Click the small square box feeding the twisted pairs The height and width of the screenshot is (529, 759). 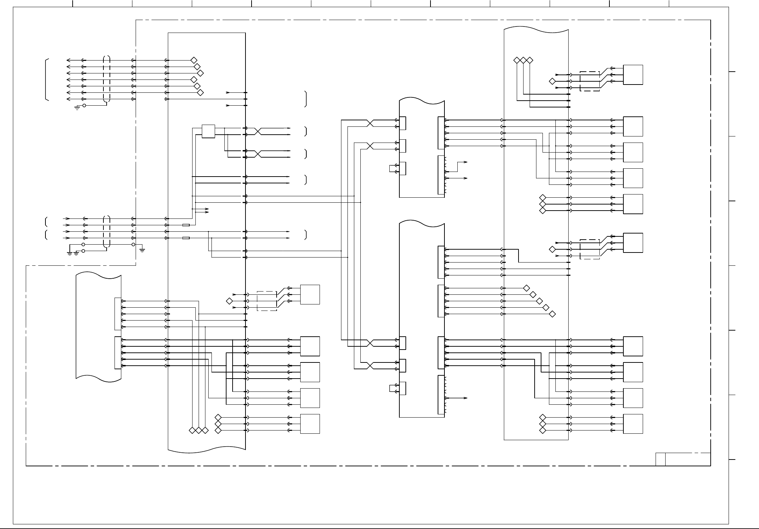[208, 131]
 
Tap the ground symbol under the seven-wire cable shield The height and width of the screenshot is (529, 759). [77, 107]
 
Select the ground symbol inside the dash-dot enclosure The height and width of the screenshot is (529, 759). [142, 250]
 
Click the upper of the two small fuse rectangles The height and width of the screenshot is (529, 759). [186, 225]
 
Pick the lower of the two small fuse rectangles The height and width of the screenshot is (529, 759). [186, 238]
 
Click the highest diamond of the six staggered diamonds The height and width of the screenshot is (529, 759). [194, 60]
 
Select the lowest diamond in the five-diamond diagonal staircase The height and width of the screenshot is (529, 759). [552, 314]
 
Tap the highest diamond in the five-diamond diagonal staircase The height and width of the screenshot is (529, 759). [526, 288]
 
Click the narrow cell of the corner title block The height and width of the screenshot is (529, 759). [661, 459]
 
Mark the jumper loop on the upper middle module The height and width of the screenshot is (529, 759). [391, 169]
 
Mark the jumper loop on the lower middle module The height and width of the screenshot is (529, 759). [391, 389]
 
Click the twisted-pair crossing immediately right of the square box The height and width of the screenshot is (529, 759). [258, 131]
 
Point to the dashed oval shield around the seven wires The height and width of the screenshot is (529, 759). [106, 79]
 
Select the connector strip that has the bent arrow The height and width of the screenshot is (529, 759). [441, 175]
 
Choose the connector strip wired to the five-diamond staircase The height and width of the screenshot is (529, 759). [441, 301]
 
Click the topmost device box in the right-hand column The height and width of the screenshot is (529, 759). [633, 75]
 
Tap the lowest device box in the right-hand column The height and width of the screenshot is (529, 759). [633, 424]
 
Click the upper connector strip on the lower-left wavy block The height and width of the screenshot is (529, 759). [118, 313]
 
